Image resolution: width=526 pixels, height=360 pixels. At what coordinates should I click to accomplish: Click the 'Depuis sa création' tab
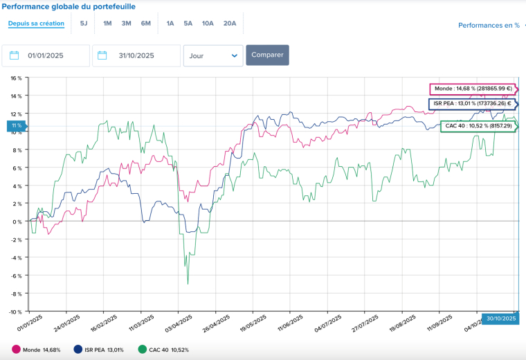pyautogui.click(x=36, y=24)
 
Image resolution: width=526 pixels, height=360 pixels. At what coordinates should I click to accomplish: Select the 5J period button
pyautogui.click(x=84, y=24)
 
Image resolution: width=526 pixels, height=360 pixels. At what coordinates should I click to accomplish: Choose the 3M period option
pyautogui.click(x=126, y=24)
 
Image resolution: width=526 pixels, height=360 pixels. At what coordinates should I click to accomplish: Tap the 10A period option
pyautogui.click(x=208, y=24)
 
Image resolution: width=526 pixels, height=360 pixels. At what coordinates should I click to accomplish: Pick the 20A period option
pyautogui.click(x=230, y=24)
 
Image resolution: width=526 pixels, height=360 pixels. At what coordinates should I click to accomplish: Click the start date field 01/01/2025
pyautogui.click(x=46, y=55)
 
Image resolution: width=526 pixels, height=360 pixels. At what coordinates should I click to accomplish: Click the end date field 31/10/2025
pyautogui.click(x=136, y=55)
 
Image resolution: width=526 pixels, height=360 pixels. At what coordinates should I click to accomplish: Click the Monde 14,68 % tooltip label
pyautogui.click(x=472, y=89)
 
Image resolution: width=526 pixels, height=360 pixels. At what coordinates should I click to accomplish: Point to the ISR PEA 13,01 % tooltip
pyautogui.click(x=471, y=104)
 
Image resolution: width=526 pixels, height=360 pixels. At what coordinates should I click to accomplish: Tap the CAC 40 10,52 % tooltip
pyautogui.click(x=478, y=126)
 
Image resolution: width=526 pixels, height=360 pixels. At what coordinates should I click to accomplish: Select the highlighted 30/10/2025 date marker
pyautogui.click(x=499, y=318)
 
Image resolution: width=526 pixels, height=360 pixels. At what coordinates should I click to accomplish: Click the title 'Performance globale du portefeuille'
pyautogui.click(x=69, y=6)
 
